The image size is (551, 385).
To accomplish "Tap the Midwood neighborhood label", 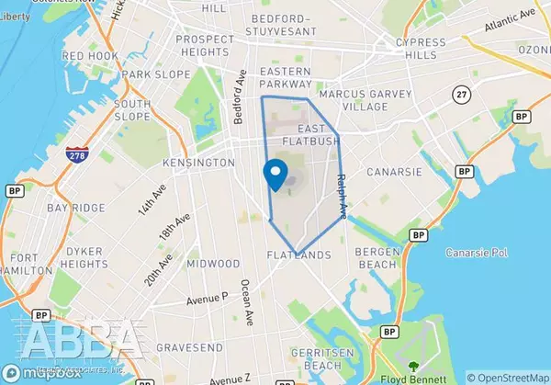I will pos(213,263).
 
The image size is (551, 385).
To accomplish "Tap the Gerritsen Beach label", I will pos(318,359).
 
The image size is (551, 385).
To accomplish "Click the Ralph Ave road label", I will pos(342,196).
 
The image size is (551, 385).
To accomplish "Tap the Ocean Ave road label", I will pos(247,302).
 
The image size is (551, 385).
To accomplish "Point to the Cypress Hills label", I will pos(421,50).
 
